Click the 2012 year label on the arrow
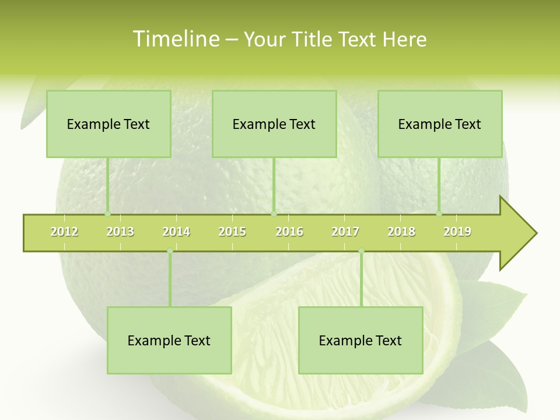click(64, 232)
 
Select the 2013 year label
click(120, 232)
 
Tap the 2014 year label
click(176, 232)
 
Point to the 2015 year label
click(232, 232)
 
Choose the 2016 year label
click(289, 232)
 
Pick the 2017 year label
click(345, 232)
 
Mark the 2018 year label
click(401, 232)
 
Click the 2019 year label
click(457, 232)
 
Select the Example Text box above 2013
click(108, 124)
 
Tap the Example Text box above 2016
click(274, 124)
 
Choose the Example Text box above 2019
click(440, 124)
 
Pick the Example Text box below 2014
click(169, 340)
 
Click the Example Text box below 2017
click(360, 340)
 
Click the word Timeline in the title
click(176, 39)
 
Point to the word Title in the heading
click(315, 39)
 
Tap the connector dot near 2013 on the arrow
click(107, 214)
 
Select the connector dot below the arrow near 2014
click(170, 251)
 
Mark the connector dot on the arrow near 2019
click(439, 214)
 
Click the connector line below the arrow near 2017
click(361, 280)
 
